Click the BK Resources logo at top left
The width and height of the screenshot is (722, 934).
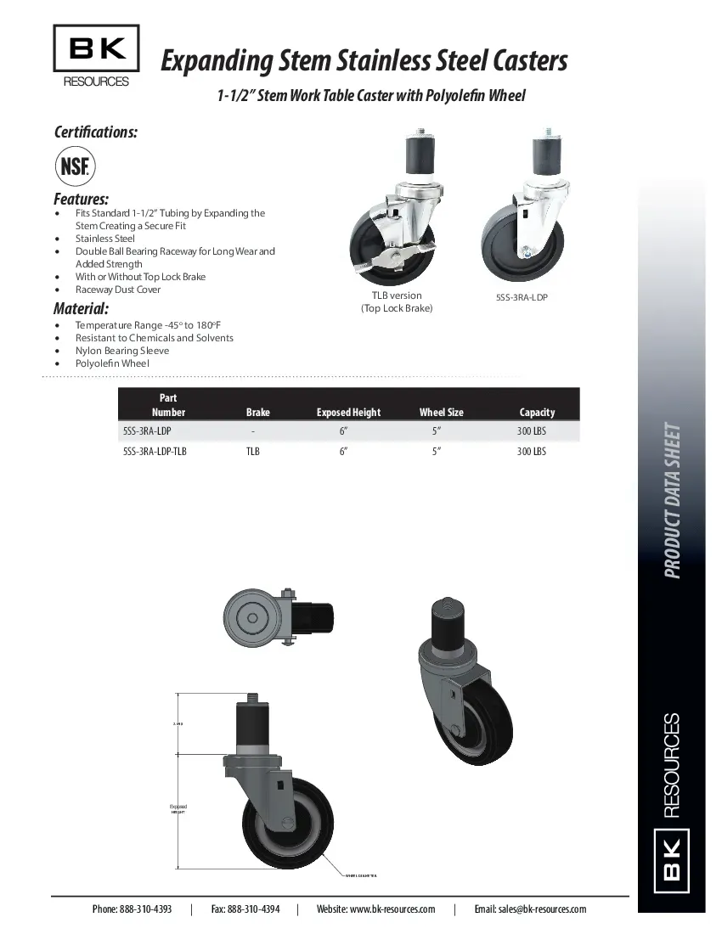coord(96,56)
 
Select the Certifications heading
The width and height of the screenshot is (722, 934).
coord(95,132)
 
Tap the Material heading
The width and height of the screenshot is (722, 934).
coord(81,308)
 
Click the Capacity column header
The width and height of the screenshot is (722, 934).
coord(537,413)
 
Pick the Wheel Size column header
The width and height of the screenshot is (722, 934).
coord(441,413)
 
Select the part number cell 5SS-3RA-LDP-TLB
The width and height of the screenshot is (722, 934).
coord(155,452)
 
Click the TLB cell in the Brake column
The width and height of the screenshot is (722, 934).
coord(253,452)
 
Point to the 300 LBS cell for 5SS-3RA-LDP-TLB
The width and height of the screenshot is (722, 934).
coord(531,452)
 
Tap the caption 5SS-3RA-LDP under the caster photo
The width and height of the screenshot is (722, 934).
coord(522,298)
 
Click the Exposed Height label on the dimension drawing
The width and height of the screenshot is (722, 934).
coord(178,809)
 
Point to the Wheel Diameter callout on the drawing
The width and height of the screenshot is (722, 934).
coord(361,875)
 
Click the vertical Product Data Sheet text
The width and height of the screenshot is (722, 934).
coord(672,500)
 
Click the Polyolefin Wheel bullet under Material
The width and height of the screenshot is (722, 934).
coord(112,363)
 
